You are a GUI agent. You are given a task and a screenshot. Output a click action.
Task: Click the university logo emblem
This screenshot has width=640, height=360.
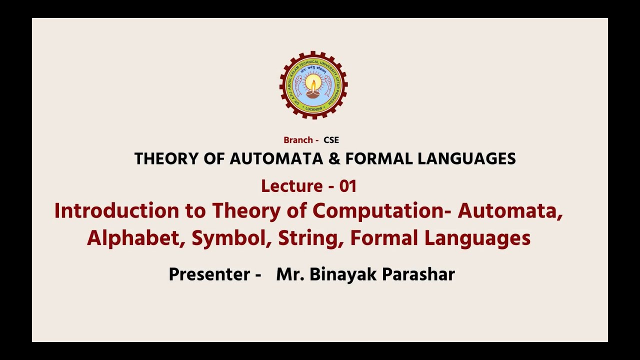coord(313,85)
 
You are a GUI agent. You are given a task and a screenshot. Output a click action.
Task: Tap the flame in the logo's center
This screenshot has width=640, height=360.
coord(313,82)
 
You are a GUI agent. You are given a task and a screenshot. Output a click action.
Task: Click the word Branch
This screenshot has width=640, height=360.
coord(298,140)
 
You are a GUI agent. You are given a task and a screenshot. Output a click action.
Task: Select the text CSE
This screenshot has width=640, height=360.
coord(331,140)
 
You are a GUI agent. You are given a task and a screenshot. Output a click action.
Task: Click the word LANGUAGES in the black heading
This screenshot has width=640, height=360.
coord(467,159)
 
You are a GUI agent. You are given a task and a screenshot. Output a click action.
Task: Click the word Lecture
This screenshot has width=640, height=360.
coord(291,186)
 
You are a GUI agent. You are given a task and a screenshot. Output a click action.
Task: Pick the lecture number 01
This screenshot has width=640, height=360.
coord(348,186)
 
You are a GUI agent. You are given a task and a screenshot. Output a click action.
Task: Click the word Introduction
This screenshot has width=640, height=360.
coord(116,211)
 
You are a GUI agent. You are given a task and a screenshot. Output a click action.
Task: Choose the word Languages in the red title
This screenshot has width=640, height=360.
coord(477,238)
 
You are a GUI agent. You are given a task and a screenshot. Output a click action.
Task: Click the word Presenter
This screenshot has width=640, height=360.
coord(209,274)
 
